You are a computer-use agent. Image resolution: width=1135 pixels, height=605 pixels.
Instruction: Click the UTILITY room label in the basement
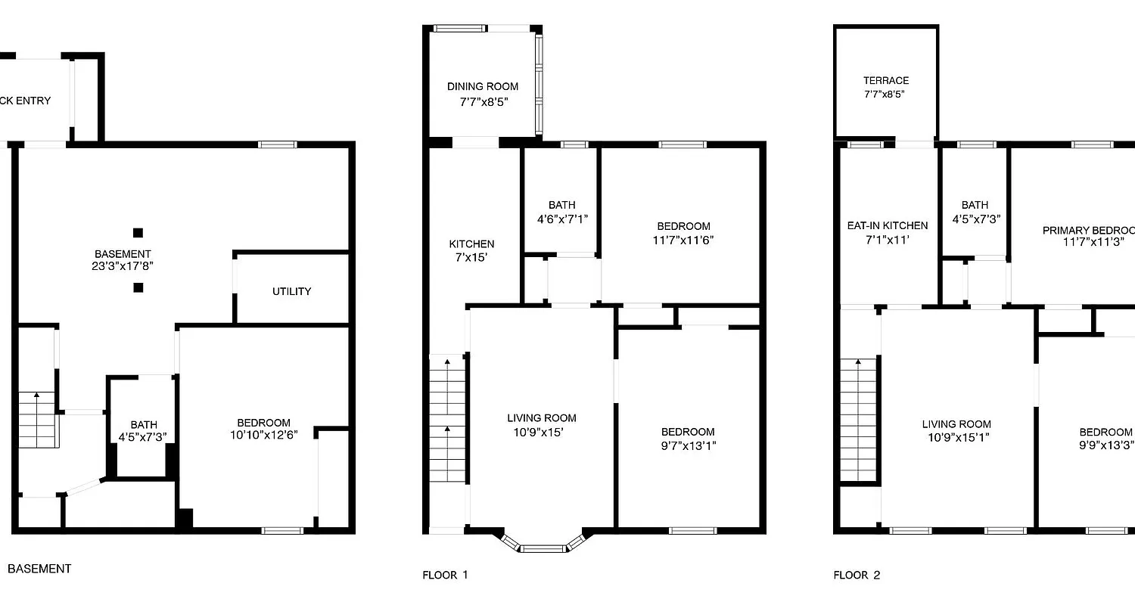[291, 291]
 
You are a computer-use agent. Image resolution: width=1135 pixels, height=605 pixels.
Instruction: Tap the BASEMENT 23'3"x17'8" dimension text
[122, 266]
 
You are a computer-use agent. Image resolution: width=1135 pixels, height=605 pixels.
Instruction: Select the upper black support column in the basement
[138, 233]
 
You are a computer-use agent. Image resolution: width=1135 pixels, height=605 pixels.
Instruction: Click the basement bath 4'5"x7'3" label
[143, 431]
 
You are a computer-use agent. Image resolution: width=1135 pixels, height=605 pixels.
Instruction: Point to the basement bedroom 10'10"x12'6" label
[263, 430]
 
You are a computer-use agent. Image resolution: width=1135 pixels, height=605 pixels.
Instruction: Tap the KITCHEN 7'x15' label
[471, 250]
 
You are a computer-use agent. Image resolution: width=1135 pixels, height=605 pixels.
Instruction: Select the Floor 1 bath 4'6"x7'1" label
[561, 212]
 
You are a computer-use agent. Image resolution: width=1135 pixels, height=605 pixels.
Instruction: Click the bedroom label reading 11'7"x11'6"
[683, 233]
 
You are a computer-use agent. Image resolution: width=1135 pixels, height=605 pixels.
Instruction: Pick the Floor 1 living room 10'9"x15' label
[541, 425]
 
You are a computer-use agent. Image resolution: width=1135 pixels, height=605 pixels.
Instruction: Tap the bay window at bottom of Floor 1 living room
[543, 546]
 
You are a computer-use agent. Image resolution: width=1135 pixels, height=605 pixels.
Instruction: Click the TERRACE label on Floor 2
[885, 87]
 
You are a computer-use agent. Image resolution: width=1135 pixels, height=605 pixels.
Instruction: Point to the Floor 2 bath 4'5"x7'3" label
[975, 212]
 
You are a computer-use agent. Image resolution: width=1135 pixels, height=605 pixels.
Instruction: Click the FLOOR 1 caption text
[445, 576]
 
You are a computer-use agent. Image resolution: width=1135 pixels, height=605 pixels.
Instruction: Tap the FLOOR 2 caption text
[857, 576]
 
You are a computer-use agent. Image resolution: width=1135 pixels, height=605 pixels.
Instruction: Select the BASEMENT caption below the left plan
[39, 569]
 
